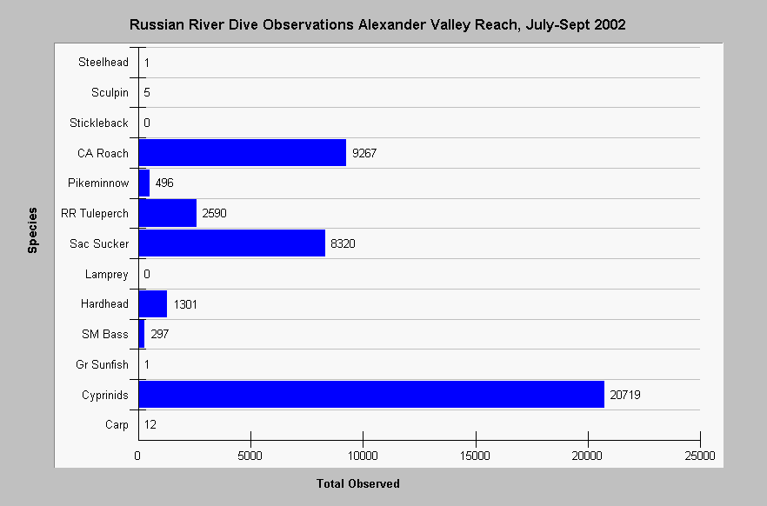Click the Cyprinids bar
point(371,394)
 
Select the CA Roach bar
point(242,152)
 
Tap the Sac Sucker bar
point(232,243)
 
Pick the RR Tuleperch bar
point(167,213)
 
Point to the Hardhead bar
point(153,303)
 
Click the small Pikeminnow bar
point(143,183)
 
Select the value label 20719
point(625,395)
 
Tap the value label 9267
point(364,153)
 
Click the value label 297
point(159,334)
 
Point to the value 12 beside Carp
point(150,424)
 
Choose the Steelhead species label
point(103,62)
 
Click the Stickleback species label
point(99,123)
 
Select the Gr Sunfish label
point(103,364)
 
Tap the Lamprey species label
point(107,274)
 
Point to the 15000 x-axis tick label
point(475,456)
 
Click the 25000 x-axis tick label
point(700,456)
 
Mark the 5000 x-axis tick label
point(250,456)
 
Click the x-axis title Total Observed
point(358,483)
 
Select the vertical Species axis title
point(32,230)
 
